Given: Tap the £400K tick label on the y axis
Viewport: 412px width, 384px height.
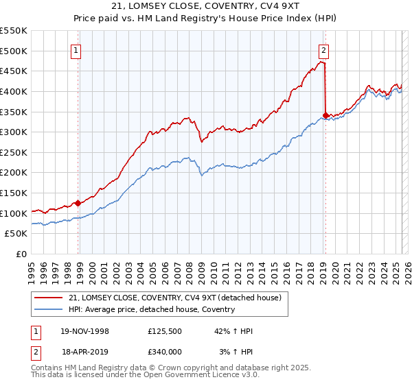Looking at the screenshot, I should tap(14, 91).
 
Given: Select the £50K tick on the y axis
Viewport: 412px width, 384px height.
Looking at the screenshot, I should tap(16, 234).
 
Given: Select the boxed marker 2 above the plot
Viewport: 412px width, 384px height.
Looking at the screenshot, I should tap(323, 49).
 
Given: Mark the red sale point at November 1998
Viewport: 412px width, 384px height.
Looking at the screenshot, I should tap(78, 203).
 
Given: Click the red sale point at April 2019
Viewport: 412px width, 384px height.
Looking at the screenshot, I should tap(325, 115).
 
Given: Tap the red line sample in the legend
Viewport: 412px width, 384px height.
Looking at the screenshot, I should tap(49, 298).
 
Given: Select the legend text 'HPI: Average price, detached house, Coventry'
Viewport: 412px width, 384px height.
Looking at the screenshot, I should tap(152, 309).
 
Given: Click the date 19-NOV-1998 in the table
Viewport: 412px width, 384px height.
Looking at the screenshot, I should tap(85, 331).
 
